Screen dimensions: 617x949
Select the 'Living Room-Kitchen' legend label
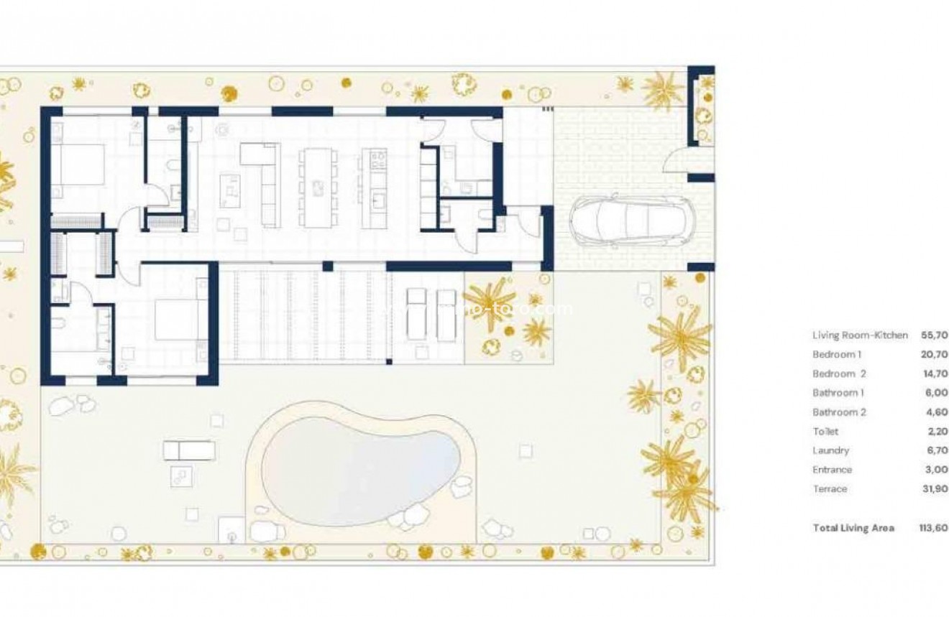[860, 335]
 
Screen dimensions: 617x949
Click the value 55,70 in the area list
[935, 335]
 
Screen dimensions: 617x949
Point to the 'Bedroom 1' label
[837, 355]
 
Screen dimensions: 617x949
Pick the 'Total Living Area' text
[853, 528]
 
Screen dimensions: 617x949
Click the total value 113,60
[933, 528]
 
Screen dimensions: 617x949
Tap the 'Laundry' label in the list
[830, 451]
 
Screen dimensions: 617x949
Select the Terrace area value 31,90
[935, 489]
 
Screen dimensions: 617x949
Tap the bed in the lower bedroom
[177, 320]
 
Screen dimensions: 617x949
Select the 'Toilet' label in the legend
[825, 432]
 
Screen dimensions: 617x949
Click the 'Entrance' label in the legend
[832, 470]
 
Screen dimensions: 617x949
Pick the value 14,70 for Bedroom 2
[935, 374]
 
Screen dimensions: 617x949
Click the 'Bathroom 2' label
[839, 412]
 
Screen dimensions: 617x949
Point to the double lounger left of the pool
[189, 450]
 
